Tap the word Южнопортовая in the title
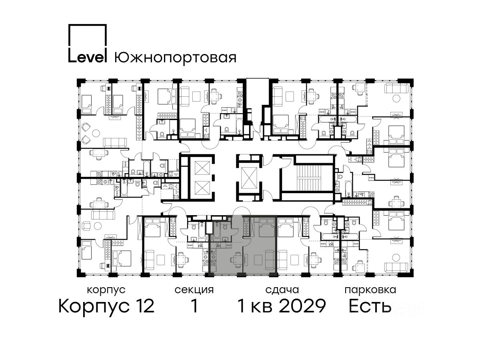tap(175, 58)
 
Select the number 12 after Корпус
tap(143, 306)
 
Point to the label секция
tap(194, 290)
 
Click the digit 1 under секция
tap(194, 306)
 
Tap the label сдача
tap(282, 290)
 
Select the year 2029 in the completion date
tap(303, 306)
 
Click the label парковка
tap(370, 290)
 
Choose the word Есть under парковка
tap(370, 306)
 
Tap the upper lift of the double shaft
tap(202, 168)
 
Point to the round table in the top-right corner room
tap(396, 98)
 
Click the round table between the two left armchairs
tap(96, 133)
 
